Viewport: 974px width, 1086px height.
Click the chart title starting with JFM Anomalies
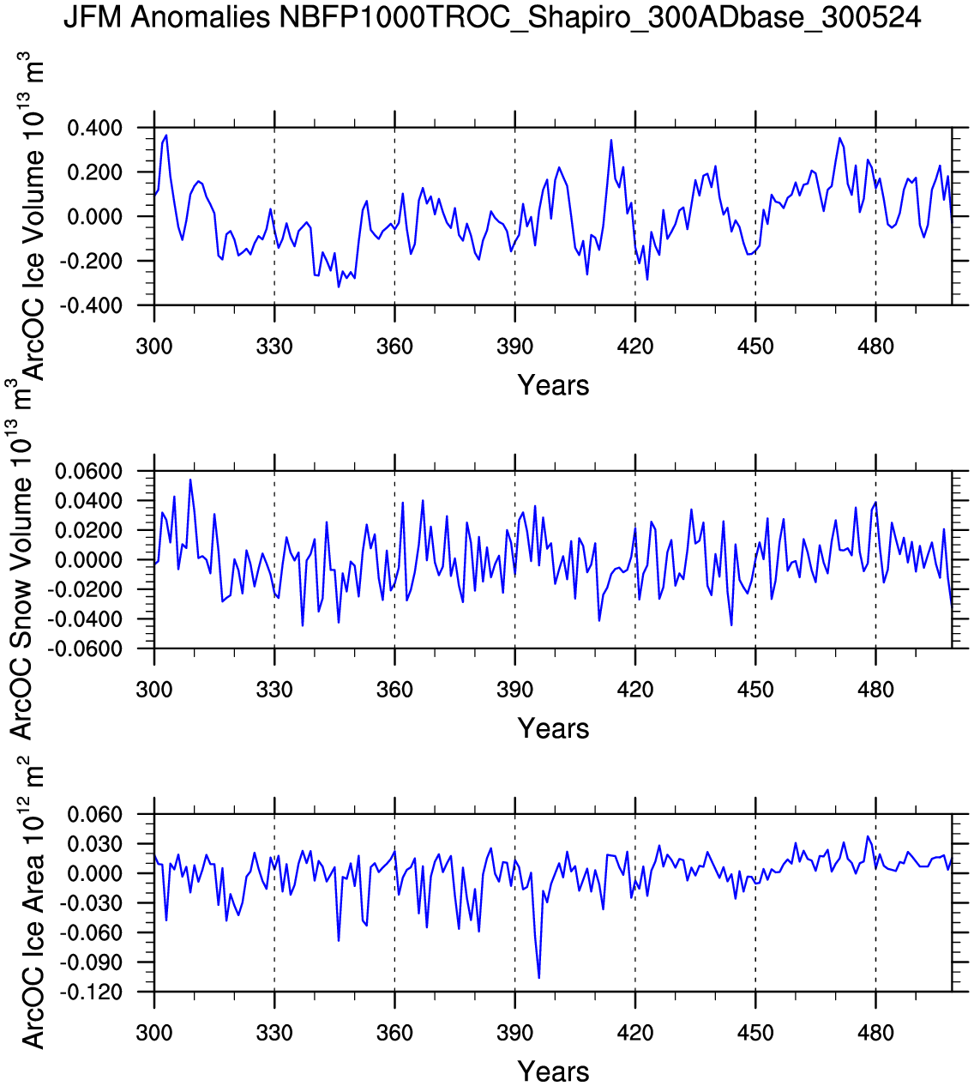point(492,17)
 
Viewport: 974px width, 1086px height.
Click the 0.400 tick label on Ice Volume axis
point(94,129)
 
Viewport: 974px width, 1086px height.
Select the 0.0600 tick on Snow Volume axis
point(89,472)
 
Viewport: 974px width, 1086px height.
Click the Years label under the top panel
point(553,386)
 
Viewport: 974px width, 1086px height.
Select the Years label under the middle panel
point(553,729)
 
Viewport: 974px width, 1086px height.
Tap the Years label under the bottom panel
point(553,1071)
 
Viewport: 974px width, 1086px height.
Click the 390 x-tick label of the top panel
point(514,347)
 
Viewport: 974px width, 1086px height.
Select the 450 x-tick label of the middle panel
point(755,690)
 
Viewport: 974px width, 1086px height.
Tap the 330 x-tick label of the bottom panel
point(274,1032)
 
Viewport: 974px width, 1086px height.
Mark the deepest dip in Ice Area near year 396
point(538,977)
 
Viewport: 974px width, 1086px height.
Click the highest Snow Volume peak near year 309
point(190,480)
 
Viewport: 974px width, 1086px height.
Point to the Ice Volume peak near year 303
point(166,136)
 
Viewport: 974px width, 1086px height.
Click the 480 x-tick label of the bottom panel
point(875,1032)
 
